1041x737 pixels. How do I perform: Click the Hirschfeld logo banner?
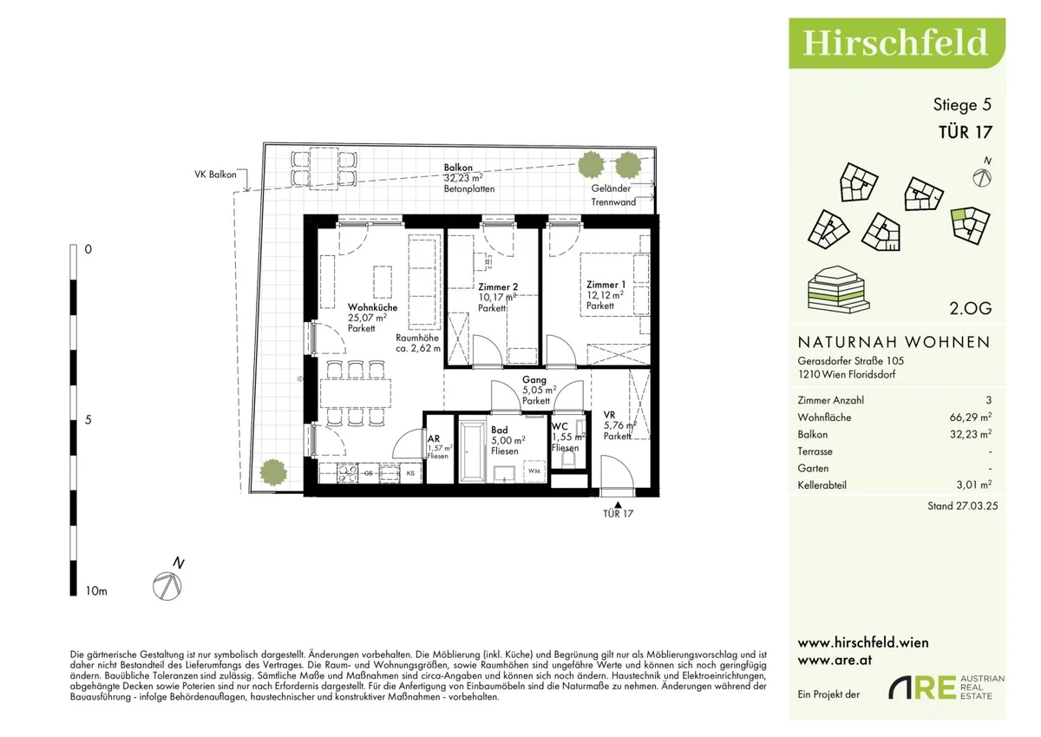click(896, 43)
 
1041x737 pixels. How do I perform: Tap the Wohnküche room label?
click(373, 307)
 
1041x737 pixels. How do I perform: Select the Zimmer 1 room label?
click(606, 285)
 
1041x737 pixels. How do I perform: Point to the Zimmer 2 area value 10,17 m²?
click(498, 298)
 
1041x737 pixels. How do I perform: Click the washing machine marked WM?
click(534, 471)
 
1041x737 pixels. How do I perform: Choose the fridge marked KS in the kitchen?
click(411, 473)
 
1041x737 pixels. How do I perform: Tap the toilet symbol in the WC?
click(568, 459)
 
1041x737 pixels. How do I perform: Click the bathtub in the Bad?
click(472, 451)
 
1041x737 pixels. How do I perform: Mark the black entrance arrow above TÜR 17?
click(618, 505)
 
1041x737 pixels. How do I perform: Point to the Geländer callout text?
click(611, 188)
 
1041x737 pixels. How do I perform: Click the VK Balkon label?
click(215, 174)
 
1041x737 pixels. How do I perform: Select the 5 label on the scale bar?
click(88, 420)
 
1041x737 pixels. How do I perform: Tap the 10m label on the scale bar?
click(96, 591)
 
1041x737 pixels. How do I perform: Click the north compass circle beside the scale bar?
click(167, 586)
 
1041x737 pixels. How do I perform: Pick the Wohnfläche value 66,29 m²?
click(971, 417)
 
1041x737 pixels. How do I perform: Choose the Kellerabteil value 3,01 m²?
click(974, 485)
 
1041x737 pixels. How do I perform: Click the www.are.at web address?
click(835, 661)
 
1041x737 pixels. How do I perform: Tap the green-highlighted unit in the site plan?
click(958, 214)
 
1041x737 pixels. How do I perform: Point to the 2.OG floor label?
click(971, 308)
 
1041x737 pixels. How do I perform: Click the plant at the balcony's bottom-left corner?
click(272, 472)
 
